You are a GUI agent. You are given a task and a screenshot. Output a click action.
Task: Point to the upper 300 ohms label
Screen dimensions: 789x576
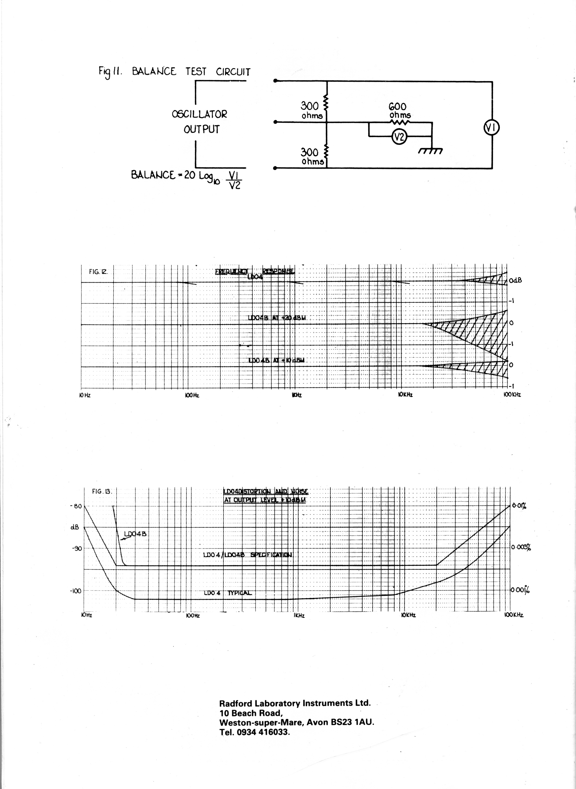pos(312,110)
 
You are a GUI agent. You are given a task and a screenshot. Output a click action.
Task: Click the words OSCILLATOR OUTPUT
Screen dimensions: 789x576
pos(200,122)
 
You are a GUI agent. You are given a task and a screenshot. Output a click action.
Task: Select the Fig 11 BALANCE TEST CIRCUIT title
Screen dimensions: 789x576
pos(174,72)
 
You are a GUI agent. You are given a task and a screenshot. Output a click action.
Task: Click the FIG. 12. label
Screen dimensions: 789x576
pos(98,272)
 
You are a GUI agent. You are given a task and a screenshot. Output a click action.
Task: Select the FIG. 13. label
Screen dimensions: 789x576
pos(102,491)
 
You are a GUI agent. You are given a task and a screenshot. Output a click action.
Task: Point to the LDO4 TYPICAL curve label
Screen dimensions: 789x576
pos(228,593)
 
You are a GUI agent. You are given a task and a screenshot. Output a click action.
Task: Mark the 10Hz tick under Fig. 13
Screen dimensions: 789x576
pos(86,616)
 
